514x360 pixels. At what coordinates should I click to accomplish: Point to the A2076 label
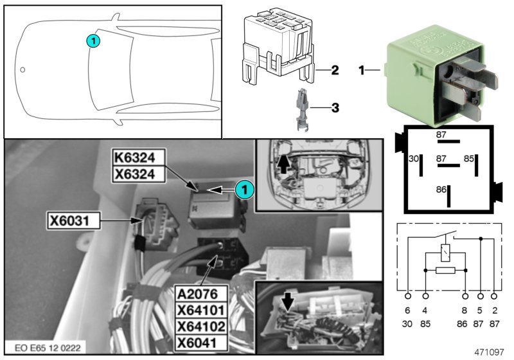click(202, 294)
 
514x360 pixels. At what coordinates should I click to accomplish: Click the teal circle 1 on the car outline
click(93, 40)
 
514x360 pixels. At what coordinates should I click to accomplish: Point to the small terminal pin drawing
click(301, 109)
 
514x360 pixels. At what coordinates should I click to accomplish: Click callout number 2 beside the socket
click(334, 69)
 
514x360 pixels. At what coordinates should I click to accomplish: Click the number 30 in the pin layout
click(414, 158)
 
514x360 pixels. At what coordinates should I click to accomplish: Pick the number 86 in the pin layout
click(440, 191)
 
